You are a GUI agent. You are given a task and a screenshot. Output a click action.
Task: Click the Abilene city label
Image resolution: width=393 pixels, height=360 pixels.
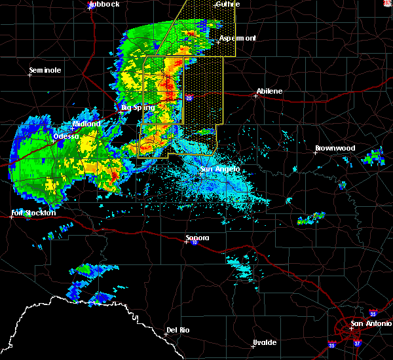269,91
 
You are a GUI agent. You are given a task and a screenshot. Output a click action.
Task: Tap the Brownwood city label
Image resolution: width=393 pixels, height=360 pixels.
335,148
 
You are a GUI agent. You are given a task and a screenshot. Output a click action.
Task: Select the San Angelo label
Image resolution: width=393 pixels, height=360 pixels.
219,169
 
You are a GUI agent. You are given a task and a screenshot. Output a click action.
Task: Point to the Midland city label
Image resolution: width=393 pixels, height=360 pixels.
86,124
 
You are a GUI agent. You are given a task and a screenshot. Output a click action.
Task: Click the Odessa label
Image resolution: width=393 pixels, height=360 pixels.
65,136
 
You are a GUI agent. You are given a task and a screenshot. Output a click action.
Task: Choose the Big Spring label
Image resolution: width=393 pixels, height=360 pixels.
138,107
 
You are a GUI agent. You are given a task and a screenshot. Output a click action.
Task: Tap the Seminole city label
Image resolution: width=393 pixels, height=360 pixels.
45,70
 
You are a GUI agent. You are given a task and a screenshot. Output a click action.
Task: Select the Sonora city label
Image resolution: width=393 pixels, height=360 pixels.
196,238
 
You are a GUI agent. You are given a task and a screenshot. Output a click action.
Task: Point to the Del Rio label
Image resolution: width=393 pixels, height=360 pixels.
178,330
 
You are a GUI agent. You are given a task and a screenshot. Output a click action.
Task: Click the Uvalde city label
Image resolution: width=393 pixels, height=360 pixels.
265,342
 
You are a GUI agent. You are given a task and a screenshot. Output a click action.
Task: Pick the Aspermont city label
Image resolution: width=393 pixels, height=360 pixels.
237,38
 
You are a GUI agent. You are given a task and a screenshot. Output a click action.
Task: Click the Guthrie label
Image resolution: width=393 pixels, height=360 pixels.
227,4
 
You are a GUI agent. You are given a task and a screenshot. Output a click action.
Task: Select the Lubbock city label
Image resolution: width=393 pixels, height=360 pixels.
104,4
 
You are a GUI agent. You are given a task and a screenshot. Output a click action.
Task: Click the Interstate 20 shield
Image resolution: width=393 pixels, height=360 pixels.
189,98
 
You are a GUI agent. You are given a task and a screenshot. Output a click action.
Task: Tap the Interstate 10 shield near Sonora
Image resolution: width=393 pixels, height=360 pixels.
194,243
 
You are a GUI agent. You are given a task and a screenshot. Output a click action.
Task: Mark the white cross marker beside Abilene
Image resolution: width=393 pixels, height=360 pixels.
255,96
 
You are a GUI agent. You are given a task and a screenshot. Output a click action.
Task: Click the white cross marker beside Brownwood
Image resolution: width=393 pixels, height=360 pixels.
317,153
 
